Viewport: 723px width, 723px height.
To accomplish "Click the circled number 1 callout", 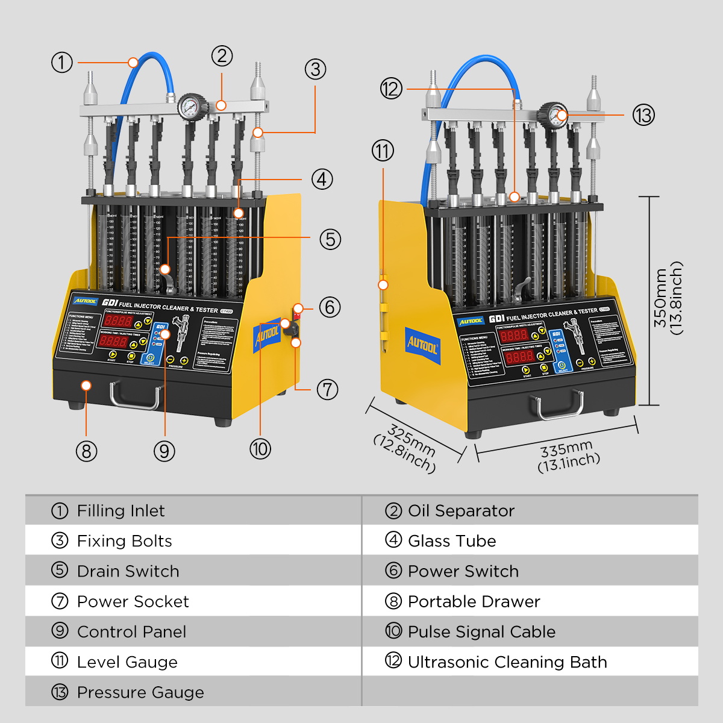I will coord(61,62).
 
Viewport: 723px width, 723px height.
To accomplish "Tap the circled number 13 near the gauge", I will coord(643,114).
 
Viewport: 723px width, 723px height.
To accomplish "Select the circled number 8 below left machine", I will coord(86,451).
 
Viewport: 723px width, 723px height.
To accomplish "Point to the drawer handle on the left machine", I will coord(136,395).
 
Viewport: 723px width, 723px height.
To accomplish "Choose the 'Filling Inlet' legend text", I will coord(120,511).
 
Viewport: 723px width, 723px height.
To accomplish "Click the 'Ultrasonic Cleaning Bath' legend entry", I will coord(507,662).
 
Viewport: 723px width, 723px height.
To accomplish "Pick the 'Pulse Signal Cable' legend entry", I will coord(481,632).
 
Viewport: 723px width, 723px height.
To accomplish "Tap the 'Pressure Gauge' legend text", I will coord(140,692).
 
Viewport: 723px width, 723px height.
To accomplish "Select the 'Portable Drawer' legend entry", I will coord(474,601).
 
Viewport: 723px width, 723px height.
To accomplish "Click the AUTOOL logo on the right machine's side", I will coord(422,346).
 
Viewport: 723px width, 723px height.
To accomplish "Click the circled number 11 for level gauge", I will coord(383,151).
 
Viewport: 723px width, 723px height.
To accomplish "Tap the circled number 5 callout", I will coord(330,239).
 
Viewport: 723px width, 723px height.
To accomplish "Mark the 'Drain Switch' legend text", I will coord(128,571).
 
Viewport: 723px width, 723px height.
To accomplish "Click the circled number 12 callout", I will coord(391,89).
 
